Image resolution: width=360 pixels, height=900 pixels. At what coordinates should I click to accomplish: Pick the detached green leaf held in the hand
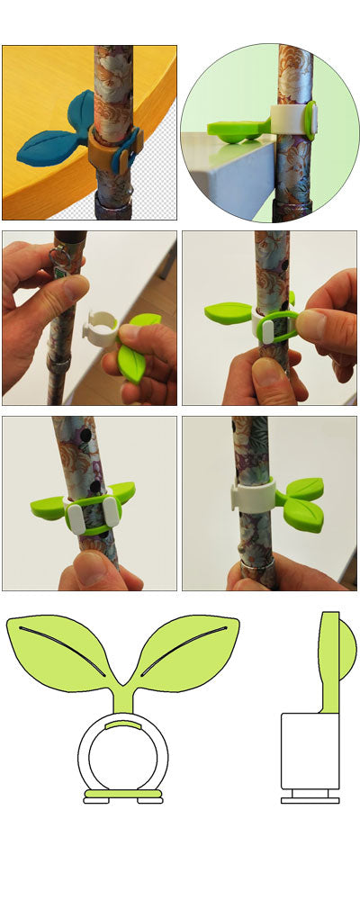coord(131,359)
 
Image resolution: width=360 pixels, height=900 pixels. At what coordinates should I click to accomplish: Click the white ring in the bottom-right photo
coord(248,498)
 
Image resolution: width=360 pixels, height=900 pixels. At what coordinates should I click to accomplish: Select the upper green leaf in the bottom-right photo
coord(303,488)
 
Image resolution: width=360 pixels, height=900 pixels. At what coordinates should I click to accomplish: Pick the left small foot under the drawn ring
coord(96,801)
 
